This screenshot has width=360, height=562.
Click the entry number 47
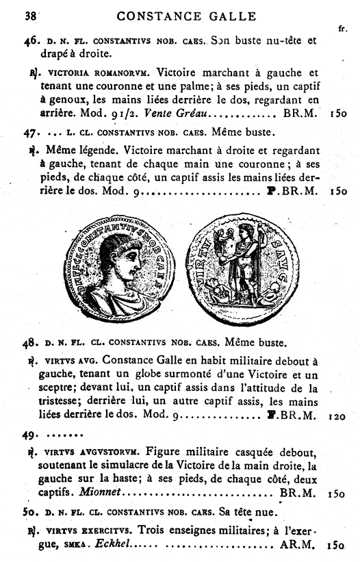30,130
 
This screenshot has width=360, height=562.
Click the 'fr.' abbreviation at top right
342,29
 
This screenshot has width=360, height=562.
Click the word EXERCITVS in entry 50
101,529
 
